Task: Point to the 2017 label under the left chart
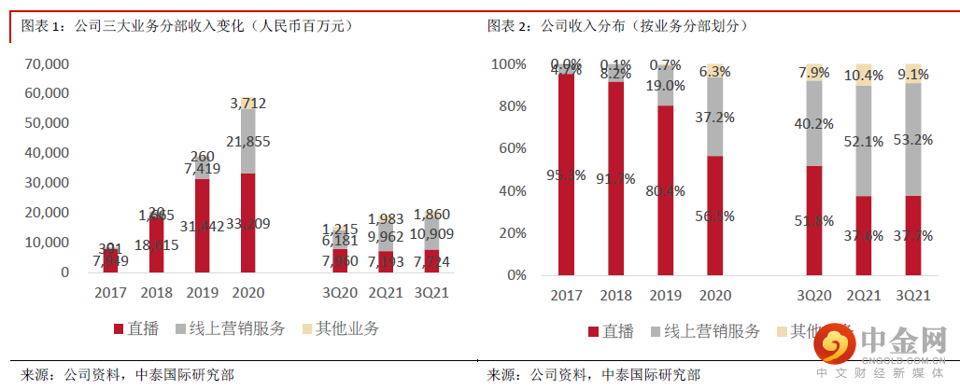pos(110,292)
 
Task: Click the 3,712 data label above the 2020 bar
pos(247,103)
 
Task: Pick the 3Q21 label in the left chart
pos(431,292)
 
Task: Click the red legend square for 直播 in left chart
pos(118,328)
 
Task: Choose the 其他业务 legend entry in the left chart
pos(340,328)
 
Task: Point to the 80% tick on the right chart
pos(512,106)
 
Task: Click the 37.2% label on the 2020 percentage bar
pos(715,117)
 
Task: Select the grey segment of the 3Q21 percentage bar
pos(913,140)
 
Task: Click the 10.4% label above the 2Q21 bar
pos(864,75)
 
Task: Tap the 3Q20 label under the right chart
pos(813,296)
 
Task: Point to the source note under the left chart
pos(127,374)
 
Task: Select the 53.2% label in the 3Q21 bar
pos(913,140)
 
